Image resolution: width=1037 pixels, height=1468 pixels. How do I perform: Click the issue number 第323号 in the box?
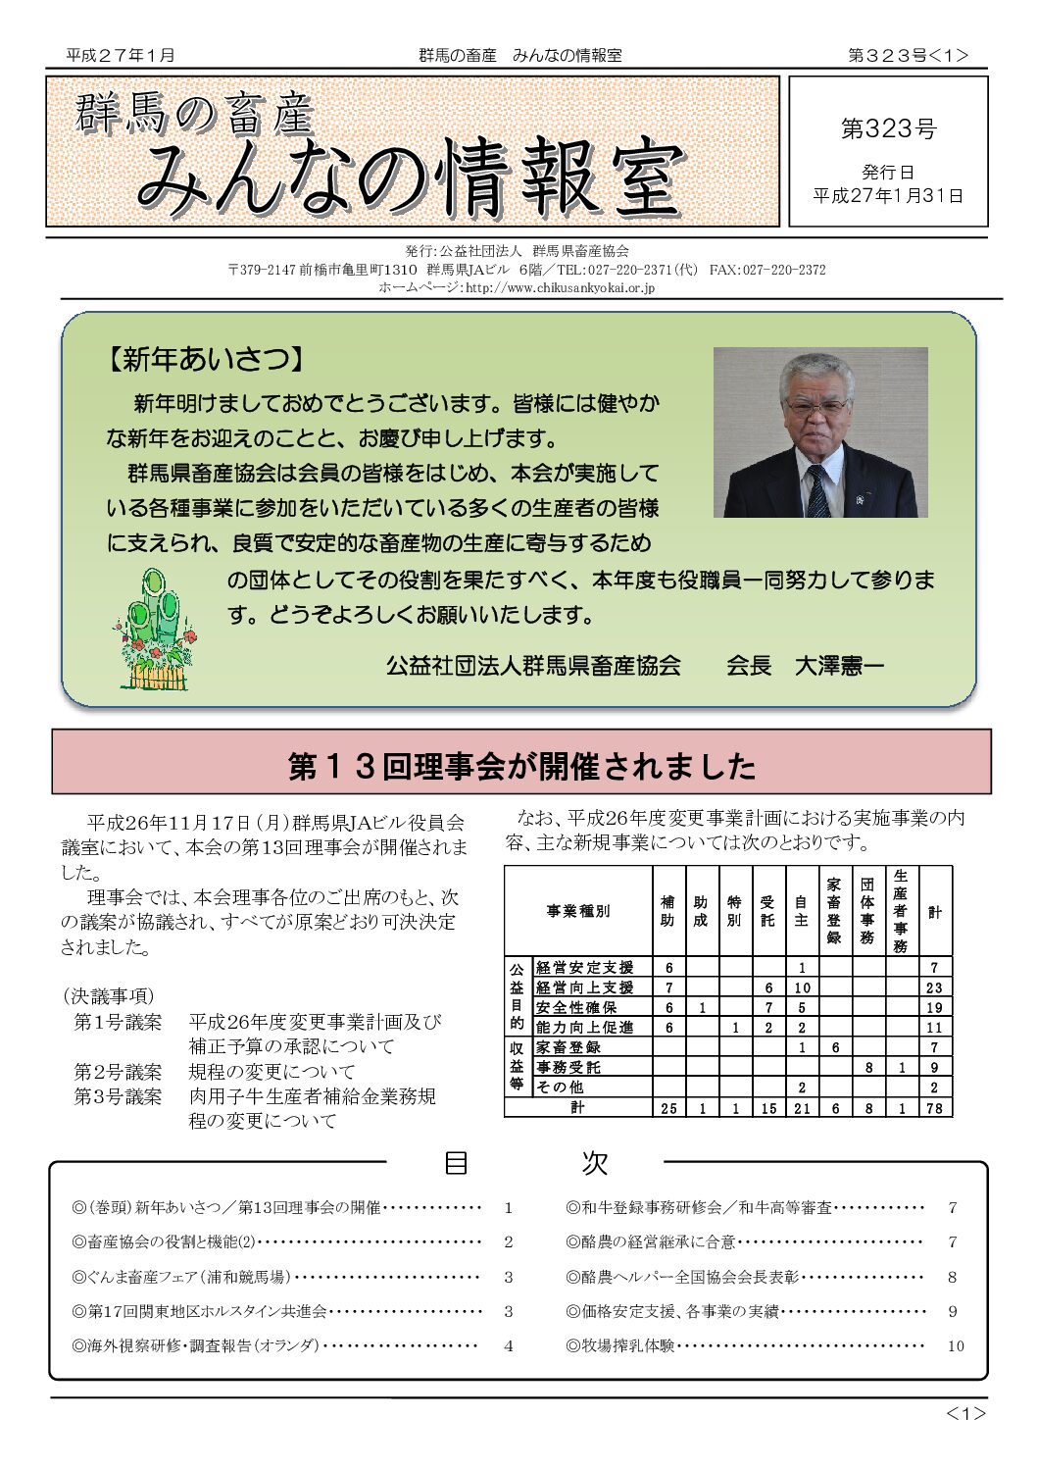pos(888,128)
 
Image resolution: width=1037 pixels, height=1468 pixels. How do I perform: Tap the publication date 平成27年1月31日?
pos(888,195)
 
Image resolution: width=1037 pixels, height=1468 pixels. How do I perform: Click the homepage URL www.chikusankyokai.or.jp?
pos(559,287)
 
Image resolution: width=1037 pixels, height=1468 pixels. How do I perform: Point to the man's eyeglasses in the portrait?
pos(818,405)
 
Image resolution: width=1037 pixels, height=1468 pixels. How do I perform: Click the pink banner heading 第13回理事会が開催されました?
pos(521,765)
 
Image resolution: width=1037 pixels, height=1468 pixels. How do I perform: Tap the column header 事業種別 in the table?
pos(578,911)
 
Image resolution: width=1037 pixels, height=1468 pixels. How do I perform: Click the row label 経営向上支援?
pos(584,987)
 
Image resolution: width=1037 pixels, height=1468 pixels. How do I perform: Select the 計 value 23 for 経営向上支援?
pos(934,987)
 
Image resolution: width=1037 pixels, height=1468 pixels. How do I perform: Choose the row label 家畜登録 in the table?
pos(568,1047)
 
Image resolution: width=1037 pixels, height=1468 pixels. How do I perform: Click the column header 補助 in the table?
pos(667,911)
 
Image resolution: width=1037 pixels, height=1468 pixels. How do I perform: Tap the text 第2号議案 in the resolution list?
pos(118,1071)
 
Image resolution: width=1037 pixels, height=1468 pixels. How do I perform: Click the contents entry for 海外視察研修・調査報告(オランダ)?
pos(196,1345)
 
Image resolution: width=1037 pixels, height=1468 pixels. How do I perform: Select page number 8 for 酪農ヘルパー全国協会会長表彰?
pos(952,1277)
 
